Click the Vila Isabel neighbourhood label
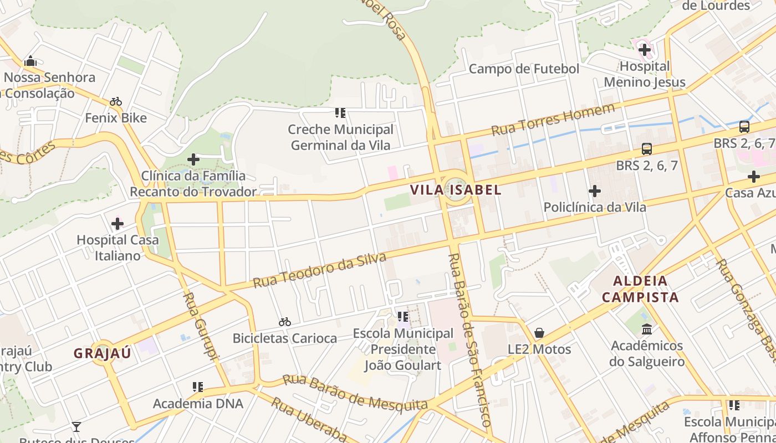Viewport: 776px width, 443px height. tap(456, 190)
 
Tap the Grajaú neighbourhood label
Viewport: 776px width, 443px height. tap(103, 353)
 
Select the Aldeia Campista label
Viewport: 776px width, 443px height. tap(640, 289)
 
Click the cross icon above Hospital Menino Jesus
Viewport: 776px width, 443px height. tap(644, 50)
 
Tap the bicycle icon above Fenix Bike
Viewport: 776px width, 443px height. tap(116, 101)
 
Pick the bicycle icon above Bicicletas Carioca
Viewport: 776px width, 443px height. tap(285, 322)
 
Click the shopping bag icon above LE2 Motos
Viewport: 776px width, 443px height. tap(539, 333)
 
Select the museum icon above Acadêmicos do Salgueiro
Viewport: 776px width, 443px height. tap(646, 329)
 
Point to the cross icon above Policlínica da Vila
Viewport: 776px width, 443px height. tap(595, 191)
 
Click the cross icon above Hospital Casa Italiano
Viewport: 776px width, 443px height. tap(118, 224)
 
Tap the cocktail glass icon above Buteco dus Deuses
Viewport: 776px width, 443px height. tap(76, 427)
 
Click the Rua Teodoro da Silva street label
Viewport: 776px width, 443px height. tap(319, 270)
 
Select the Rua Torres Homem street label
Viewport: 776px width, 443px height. tap(553, 120)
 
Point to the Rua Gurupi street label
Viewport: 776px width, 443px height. tap(202, 327)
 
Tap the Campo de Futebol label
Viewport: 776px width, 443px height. tap(524, 69)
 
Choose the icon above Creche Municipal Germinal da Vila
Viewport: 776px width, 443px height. tap(340, 113)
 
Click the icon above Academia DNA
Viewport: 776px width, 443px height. tap(198, 387)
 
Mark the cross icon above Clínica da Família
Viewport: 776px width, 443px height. tap(193, 160)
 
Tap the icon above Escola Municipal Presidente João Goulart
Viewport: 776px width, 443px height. tap(403, 317)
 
